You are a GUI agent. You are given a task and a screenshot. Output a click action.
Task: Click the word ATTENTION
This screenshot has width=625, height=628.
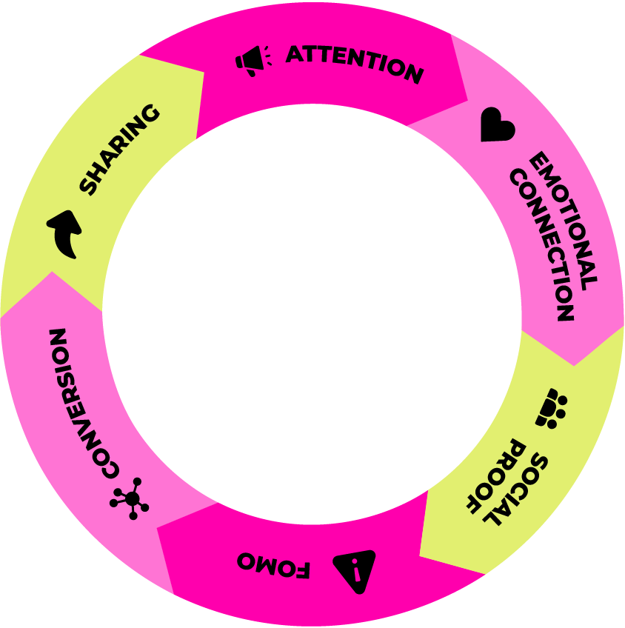[354, 64]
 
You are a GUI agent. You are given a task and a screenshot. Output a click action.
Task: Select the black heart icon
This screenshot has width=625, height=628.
[496, 125]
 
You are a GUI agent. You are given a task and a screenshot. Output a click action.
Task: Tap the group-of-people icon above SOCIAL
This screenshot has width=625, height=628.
[552, 408]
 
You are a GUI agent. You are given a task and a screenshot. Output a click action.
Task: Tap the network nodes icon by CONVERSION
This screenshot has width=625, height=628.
[130, 498]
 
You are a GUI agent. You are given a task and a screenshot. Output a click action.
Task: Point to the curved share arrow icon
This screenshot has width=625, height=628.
[65, 233]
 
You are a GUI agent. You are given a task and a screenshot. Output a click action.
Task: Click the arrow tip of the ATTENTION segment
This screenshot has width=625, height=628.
[467, 99]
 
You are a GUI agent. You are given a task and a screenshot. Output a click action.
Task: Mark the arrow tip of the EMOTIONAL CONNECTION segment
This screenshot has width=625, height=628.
[574, 364]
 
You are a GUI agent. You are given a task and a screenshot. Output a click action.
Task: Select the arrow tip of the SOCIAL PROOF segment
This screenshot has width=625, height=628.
[421, 555]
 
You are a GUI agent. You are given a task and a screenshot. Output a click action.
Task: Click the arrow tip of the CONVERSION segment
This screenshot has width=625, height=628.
[51, 273]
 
